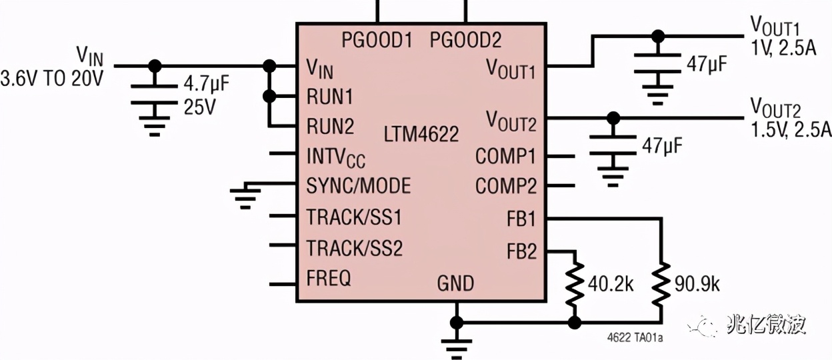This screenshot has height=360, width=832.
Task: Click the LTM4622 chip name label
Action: click(421, 135)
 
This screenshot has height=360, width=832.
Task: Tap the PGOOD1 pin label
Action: click(377, 41)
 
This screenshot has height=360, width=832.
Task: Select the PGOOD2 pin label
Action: click(465, 41)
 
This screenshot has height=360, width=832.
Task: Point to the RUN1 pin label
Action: click(329, 97)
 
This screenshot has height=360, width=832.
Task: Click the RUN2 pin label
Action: click(330, 126)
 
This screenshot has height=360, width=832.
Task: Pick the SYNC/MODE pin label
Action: click(358, 185)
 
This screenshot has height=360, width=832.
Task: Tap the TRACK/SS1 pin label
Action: click(355, 217)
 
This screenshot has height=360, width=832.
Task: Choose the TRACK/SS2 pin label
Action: click(355, 249)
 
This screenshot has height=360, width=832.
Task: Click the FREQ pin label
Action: click(329, 277)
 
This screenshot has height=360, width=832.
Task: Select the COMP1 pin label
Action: click(505, 157)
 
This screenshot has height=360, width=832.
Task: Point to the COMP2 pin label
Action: click(505, 186)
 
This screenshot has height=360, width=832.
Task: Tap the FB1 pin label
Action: click(521, 218)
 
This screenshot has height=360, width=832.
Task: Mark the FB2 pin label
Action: click(521, 252)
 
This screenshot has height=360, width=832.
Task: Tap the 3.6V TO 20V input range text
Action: click(52, 79)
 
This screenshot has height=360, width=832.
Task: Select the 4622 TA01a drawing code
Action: click(635, 339)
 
